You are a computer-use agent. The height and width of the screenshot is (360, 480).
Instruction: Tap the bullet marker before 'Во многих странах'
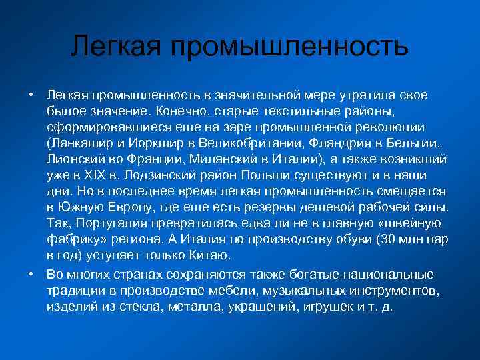(31, 275)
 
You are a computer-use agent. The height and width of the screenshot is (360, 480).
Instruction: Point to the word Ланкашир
(79, 142)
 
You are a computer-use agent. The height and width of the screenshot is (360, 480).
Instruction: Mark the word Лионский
(73, 158)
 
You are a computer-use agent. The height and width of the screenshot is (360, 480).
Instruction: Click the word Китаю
(211, 255)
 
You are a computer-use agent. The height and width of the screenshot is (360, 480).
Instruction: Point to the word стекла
(139, 307)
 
